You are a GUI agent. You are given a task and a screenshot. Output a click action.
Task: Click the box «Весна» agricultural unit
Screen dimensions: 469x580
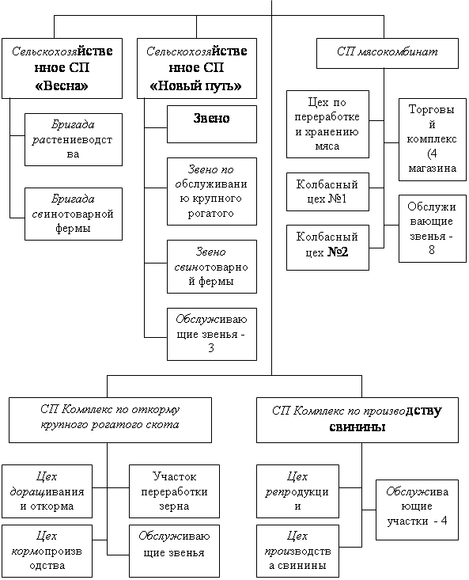click(x=62, y=68)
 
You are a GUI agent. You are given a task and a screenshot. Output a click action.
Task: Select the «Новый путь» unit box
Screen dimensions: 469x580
click(x=197, y=68)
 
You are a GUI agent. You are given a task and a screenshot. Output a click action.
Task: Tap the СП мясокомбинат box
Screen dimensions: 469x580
click(x=388, y=53)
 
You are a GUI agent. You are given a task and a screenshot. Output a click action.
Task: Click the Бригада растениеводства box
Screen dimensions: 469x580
click(x=74, y=139)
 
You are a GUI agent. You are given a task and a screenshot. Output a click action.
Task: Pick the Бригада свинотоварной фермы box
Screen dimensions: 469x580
click(x=74, y=214)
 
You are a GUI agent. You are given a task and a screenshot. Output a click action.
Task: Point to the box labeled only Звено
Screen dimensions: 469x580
click(x=212, y=124)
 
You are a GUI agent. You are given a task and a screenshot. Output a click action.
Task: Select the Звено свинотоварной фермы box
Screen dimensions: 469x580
click(x=212, y=267)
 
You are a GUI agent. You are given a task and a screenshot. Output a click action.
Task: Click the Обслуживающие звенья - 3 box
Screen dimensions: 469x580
click(x=212, y=334)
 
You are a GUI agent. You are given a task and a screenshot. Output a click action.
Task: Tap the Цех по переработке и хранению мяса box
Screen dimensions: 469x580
click(x=327, y=124)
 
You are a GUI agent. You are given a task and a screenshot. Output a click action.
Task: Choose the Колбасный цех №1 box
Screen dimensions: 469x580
click(x=327, y=191)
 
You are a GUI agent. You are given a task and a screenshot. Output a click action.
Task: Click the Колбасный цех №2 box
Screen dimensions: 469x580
click(x=327, y=248)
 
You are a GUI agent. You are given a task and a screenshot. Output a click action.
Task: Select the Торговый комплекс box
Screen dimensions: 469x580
click(x=432, y=139)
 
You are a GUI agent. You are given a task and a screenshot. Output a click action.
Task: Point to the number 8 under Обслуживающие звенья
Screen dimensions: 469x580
click(x=432, y=250)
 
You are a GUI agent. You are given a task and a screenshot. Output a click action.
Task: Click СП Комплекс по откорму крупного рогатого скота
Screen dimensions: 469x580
click(x=110, y=420)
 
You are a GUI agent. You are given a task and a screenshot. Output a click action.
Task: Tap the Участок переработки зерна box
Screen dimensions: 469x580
click(x=174, y=491)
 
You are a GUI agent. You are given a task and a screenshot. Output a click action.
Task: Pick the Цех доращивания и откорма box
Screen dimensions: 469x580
click(x=47, y=491)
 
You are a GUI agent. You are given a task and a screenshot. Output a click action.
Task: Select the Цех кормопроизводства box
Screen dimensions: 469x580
click(x=47, y=551)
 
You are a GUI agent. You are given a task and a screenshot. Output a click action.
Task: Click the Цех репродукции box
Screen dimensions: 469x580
click(x=297, y=491)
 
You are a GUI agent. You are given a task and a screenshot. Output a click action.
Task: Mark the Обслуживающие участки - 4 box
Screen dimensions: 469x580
click(x=417, y=510)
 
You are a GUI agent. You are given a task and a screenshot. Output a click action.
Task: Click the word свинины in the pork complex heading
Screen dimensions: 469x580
click(x=357, y=427)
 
